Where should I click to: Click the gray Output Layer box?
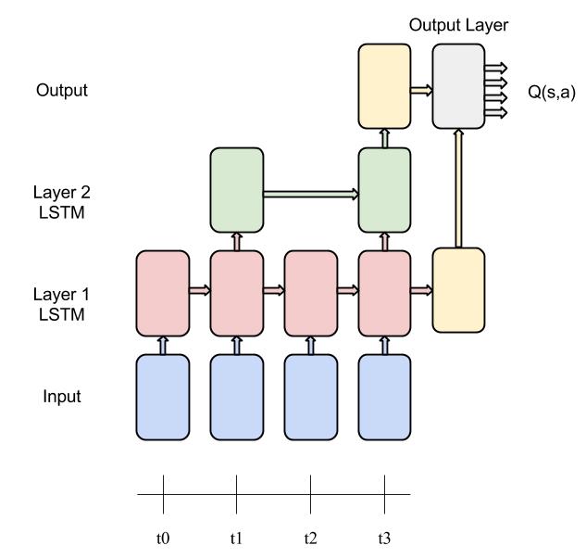(458, 90)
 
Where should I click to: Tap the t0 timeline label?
(163, 538)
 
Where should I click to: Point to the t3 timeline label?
(383, 538)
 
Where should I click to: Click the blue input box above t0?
(163, 397)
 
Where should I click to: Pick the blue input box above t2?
(310, 397)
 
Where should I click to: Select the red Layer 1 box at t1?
(236, 291)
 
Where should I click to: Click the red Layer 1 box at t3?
(383, 291)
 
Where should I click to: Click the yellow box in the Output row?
(383, 90)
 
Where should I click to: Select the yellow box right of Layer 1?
(458, 290)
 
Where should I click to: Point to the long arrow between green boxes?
(310, 194)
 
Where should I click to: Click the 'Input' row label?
(62, 397)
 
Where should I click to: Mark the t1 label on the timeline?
(236, 538)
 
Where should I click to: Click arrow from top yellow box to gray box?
(421, 90)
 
